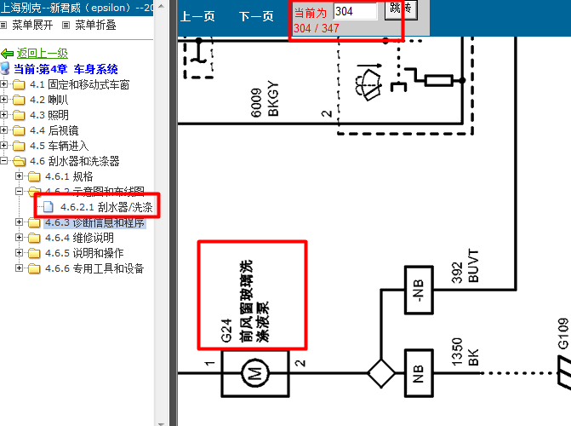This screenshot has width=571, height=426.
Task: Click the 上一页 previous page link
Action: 197,16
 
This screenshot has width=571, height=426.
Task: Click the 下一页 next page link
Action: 255,16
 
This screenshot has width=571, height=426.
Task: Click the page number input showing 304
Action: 355,11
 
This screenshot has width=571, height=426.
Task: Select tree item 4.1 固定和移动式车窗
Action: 79,84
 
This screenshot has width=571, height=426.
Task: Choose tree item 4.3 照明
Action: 49,115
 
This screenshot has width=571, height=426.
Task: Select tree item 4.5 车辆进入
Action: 59,146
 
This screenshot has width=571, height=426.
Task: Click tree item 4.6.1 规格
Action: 65,176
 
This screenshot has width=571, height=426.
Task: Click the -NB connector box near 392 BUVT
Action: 418,290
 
